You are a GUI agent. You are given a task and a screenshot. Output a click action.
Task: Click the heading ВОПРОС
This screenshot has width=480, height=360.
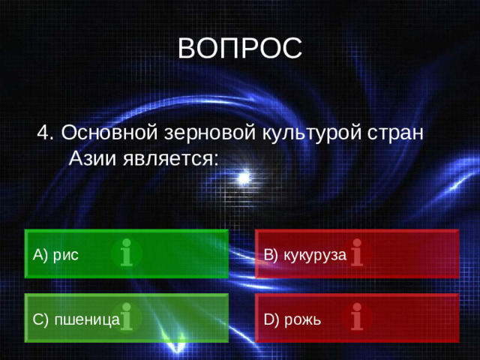[240, 47]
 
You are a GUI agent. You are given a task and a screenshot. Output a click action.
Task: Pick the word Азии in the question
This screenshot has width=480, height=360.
[92, 158]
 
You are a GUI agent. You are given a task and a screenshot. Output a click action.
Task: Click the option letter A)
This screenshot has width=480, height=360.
[40, 255]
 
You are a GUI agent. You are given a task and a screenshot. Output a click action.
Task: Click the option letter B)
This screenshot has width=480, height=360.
[271, 255]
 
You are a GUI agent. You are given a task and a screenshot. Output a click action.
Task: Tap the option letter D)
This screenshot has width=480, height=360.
[271, 320]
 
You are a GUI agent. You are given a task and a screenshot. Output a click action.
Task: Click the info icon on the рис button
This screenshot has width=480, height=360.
[127, 253]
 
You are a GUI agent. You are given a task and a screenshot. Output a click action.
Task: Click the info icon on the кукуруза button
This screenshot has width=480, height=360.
[357, 253]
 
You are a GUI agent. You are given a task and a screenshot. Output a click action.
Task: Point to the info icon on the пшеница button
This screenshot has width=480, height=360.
[127, 317]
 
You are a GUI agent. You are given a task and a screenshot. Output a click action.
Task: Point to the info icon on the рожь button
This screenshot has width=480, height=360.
[357, 317]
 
